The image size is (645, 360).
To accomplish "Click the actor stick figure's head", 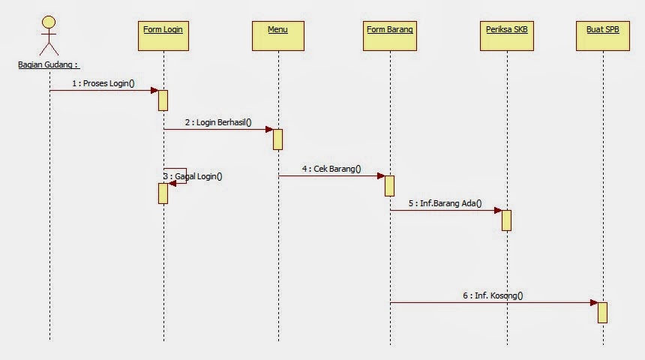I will click(x=49, y=19).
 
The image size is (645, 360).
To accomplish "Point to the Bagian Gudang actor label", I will click(x=49, y=65).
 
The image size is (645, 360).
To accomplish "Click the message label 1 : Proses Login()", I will click(x=103, y=83).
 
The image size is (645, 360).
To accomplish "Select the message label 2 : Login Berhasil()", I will click(x=219, y=122).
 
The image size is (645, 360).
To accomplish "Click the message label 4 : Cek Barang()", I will click(x=331, y=169).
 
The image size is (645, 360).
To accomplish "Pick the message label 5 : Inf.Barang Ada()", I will click(x=445, y=203).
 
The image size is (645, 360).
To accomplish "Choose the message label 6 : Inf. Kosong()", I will click(x=493, y=295).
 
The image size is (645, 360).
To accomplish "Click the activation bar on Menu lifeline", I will click(x=277, y=139).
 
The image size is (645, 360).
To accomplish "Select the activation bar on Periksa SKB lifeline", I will click(x=506, y=220).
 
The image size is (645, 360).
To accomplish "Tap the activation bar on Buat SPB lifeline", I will click(x=602, y=312).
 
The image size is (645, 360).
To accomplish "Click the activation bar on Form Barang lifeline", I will click(x=390, y=185).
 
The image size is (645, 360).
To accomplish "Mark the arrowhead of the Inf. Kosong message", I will click(x=593, y=303).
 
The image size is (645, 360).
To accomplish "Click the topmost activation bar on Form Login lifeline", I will click(x=163, y=100).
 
